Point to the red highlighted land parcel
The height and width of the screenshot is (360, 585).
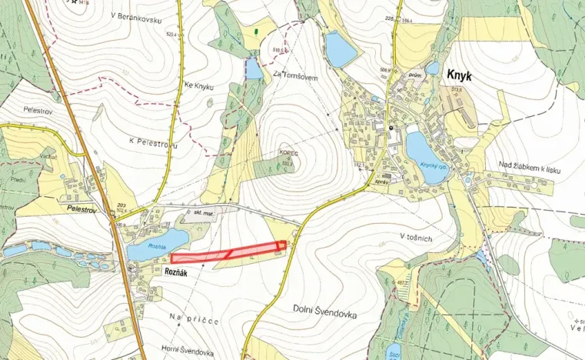click(228, 254)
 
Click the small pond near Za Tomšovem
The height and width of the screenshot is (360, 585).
click(253, 69)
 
